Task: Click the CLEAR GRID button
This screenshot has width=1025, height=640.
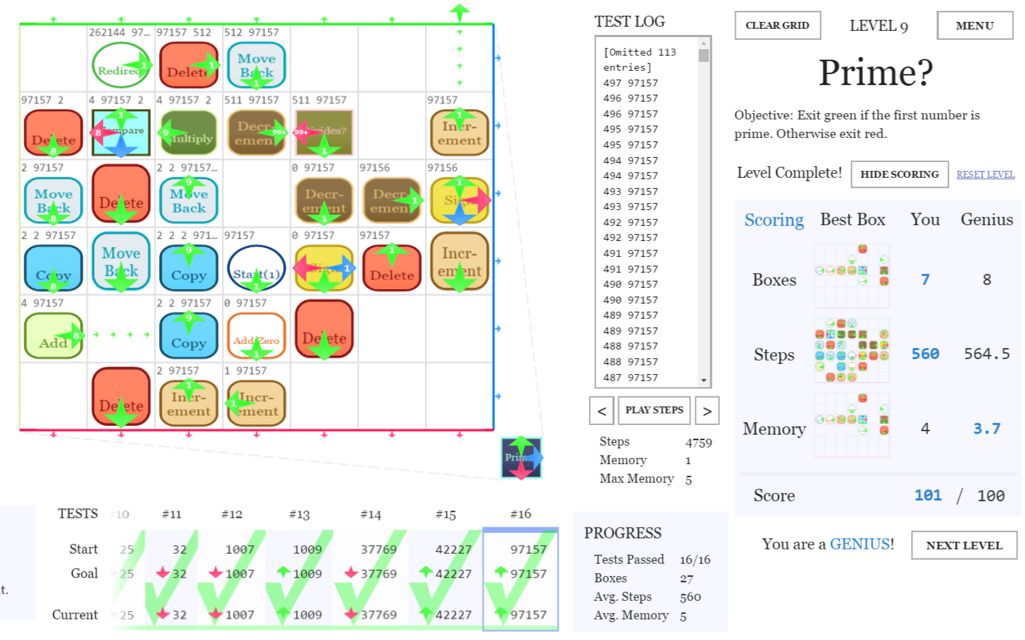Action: tap(777, 25)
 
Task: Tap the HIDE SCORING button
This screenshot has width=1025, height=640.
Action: tap(899, 174)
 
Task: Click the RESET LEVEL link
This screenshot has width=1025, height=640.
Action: tap(985, 174)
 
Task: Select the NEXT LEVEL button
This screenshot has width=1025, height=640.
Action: tap(963, 545)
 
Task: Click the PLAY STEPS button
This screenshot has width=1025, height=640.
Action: tap(653, 410)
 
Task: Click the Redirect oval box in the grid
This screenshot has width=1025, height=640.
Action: tap(121, 65)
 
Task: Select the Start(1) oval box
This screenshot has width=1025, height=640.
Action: tap(256, 268)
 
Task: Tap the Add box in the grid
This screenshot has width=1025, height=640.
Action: tap(53, 336)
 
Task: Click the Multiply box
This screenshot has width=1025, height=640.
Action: tap(189, 133)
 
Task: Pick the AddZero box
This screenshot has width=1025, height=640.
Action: tap(256, 336)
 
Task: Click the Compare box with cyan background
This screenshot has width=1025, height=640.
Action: tap(121, 133)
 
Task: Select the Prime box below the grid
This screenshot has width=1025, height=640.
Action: tap(521, 457)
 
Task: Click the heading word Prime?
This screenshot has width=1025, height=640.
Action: tap(875, 72)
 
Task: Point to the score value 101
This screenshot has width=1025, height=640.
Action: tap(927, 496)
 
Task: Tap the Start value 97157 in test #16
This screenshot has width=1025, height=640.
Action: tap(528, 549)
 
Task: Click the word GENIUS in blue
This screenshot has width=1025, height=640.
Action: tap(859, 545)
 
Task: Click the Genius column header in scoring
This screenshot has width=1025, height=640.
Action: tap(986, 220)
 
